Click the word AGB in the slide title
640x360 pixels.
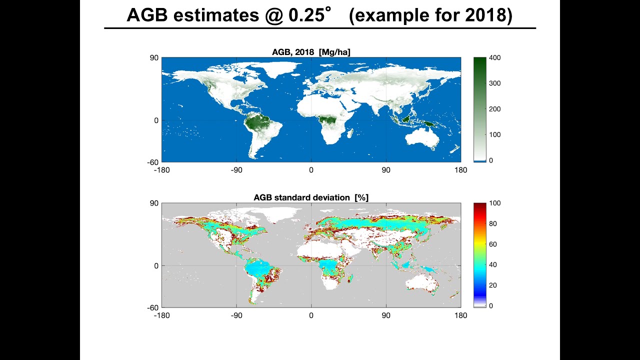(x=147, y=15)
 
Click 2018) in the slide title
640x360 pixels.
(x=488, y=15)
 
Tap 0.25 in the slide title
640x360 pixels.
(x=306, y=15)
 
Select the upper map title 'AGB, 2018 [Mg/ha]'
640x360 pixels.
(x=311, y=52)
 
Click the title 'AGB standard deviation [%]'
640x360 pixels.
(x=311, y=197)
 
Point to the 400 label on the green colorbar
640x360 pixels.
(x=495, y=57)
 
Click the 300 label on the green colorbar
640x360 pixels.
(x=495, y=83)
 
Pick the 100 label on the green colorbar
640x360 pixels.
(x=495, y=134)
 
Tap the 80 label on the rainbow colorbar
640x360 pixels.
(x=493, y=223)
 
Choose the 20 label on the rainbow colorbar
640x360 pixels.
(x=493, y=285)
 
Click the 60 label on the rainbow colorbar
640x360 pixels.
(x=493, y=244)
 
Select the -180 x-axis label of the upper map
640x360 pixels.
(x=161, y=170)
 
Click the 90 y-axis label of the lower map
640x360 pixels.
(x=154, y=203)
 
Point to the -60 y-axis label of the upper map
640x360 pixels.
(x=152, y=162)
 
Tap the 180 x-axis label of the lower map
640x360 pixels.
(x=461, y=315)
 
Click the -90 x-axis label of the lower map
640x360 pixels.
(x=236, y=315)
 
